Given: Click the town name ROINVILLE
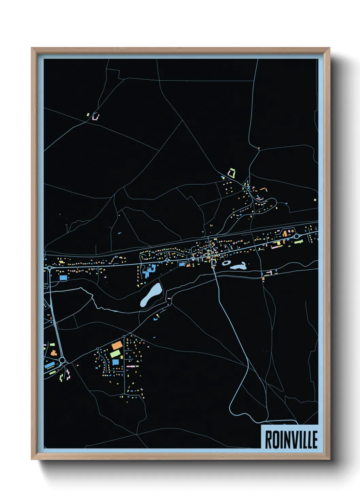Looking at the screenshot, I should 291,439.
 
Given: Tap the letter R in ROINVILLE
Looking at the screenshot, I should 268,439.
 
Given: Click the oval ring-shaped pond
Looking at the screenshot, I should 226,263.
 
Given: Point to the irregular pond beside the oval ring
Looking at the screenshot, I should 239,266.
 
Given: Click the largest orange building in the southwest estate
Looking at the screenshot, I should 117,345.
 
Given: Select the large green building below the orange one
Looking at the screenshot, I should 115,353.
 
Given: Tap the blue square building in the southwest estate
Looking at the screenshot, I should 116,362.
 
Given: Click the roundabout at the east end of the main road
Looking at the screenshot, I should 296,236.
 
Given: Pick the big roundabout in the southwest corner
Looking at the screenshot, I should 62,360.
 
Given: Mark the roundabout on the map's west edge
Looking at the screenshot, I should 50,268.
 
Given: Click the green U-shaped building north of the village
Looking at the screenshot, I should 232,173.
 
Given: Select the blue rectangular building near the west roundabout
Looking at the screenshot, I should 63,278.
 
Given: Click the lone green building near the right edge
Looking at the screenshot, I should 315,200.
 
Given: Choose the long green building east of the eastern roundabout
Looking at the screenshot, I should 299,242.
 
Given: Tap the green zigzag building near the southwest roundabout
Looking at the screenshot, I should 62,377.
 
